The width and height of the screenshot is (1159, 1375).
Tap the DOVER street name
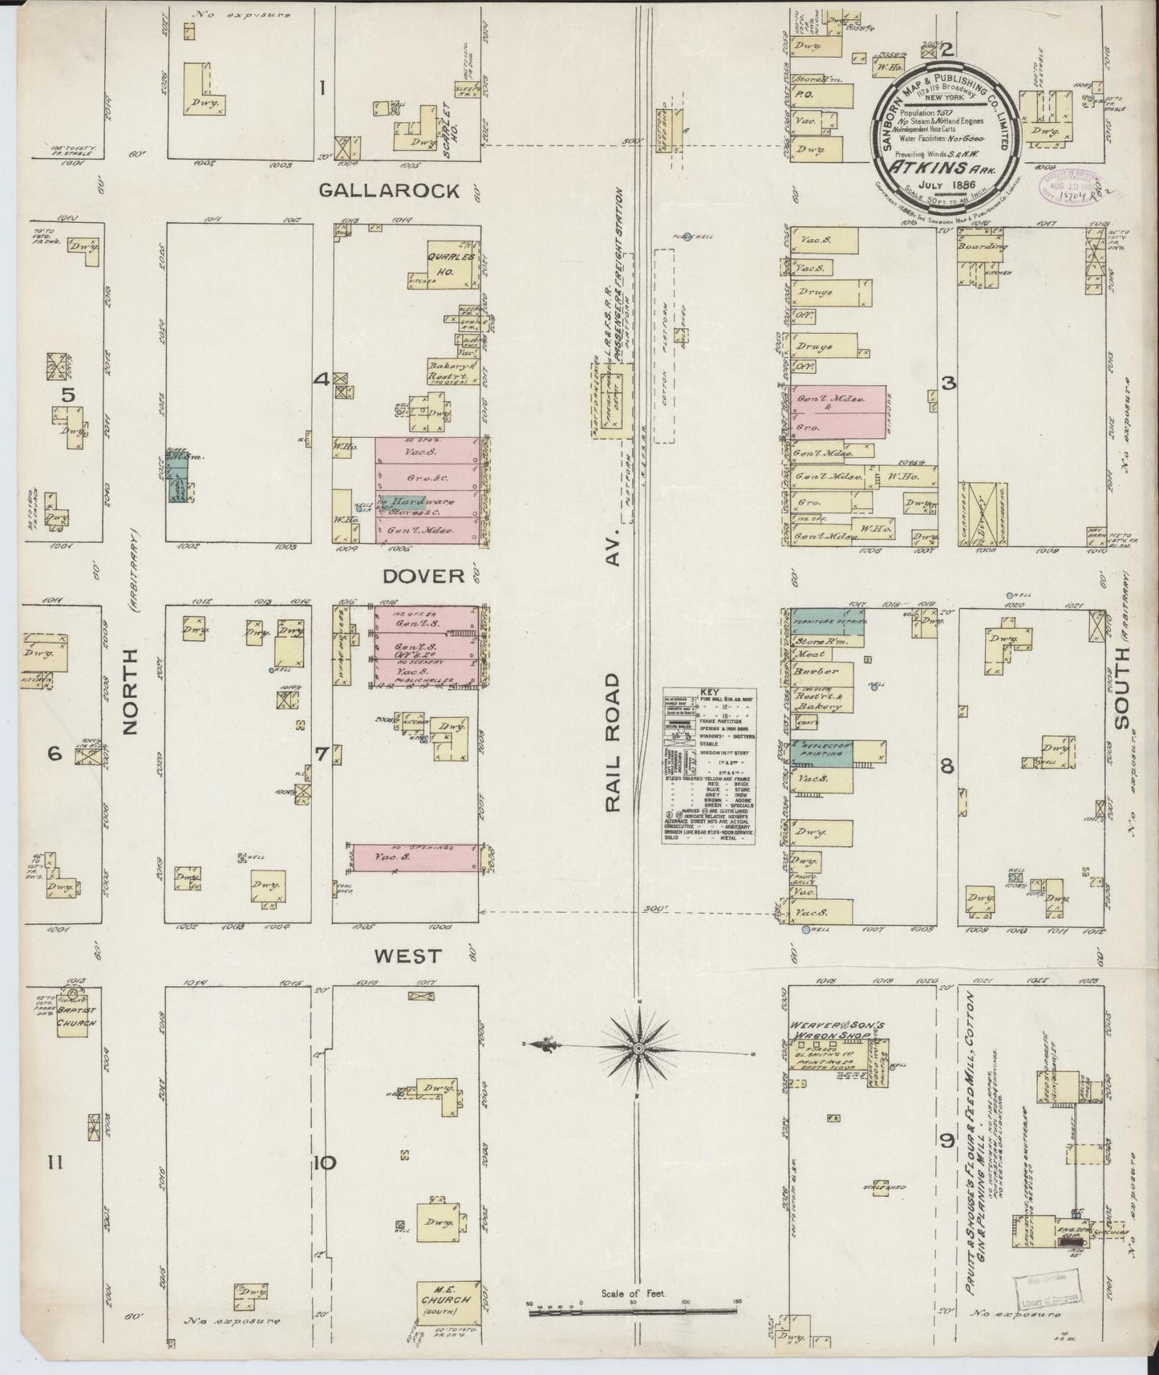pyautogui.click(x=411, y=576)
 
